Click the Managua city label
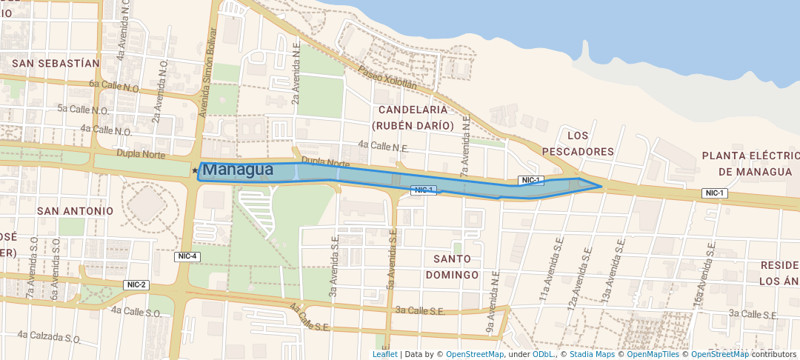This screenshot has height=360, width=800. click(238, 170)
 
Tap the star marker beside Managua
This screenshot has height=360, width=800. click(195, 171)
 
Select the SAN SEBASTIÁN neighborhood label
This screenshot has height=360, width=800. click(56, 63)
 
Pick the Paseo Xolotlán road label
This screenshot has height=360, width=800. click(387, 77)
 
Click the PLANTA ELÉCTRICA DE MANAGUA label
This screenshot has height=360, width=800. click(750, 164)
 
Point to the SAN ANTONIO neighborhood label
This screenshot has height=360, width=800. click(76, 210)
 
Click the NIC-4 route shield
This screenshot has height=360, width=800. click(188, 256)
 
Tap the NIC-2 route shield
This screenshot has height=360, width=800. click(137, 284)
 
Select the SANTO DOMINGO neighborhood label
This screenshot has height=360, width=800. click(452, 267)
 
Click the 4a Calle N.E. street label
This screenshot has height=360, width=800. click(383, 147)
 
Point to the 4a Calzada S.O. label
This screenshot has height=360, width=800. click(49, 337)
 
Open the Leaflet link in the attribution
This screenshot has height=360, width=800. click(384, 354)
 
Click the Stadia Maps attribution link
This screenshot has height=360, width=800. click(591, 354)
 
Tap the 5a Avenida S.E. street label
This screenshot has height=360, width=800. click(388, 259)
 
